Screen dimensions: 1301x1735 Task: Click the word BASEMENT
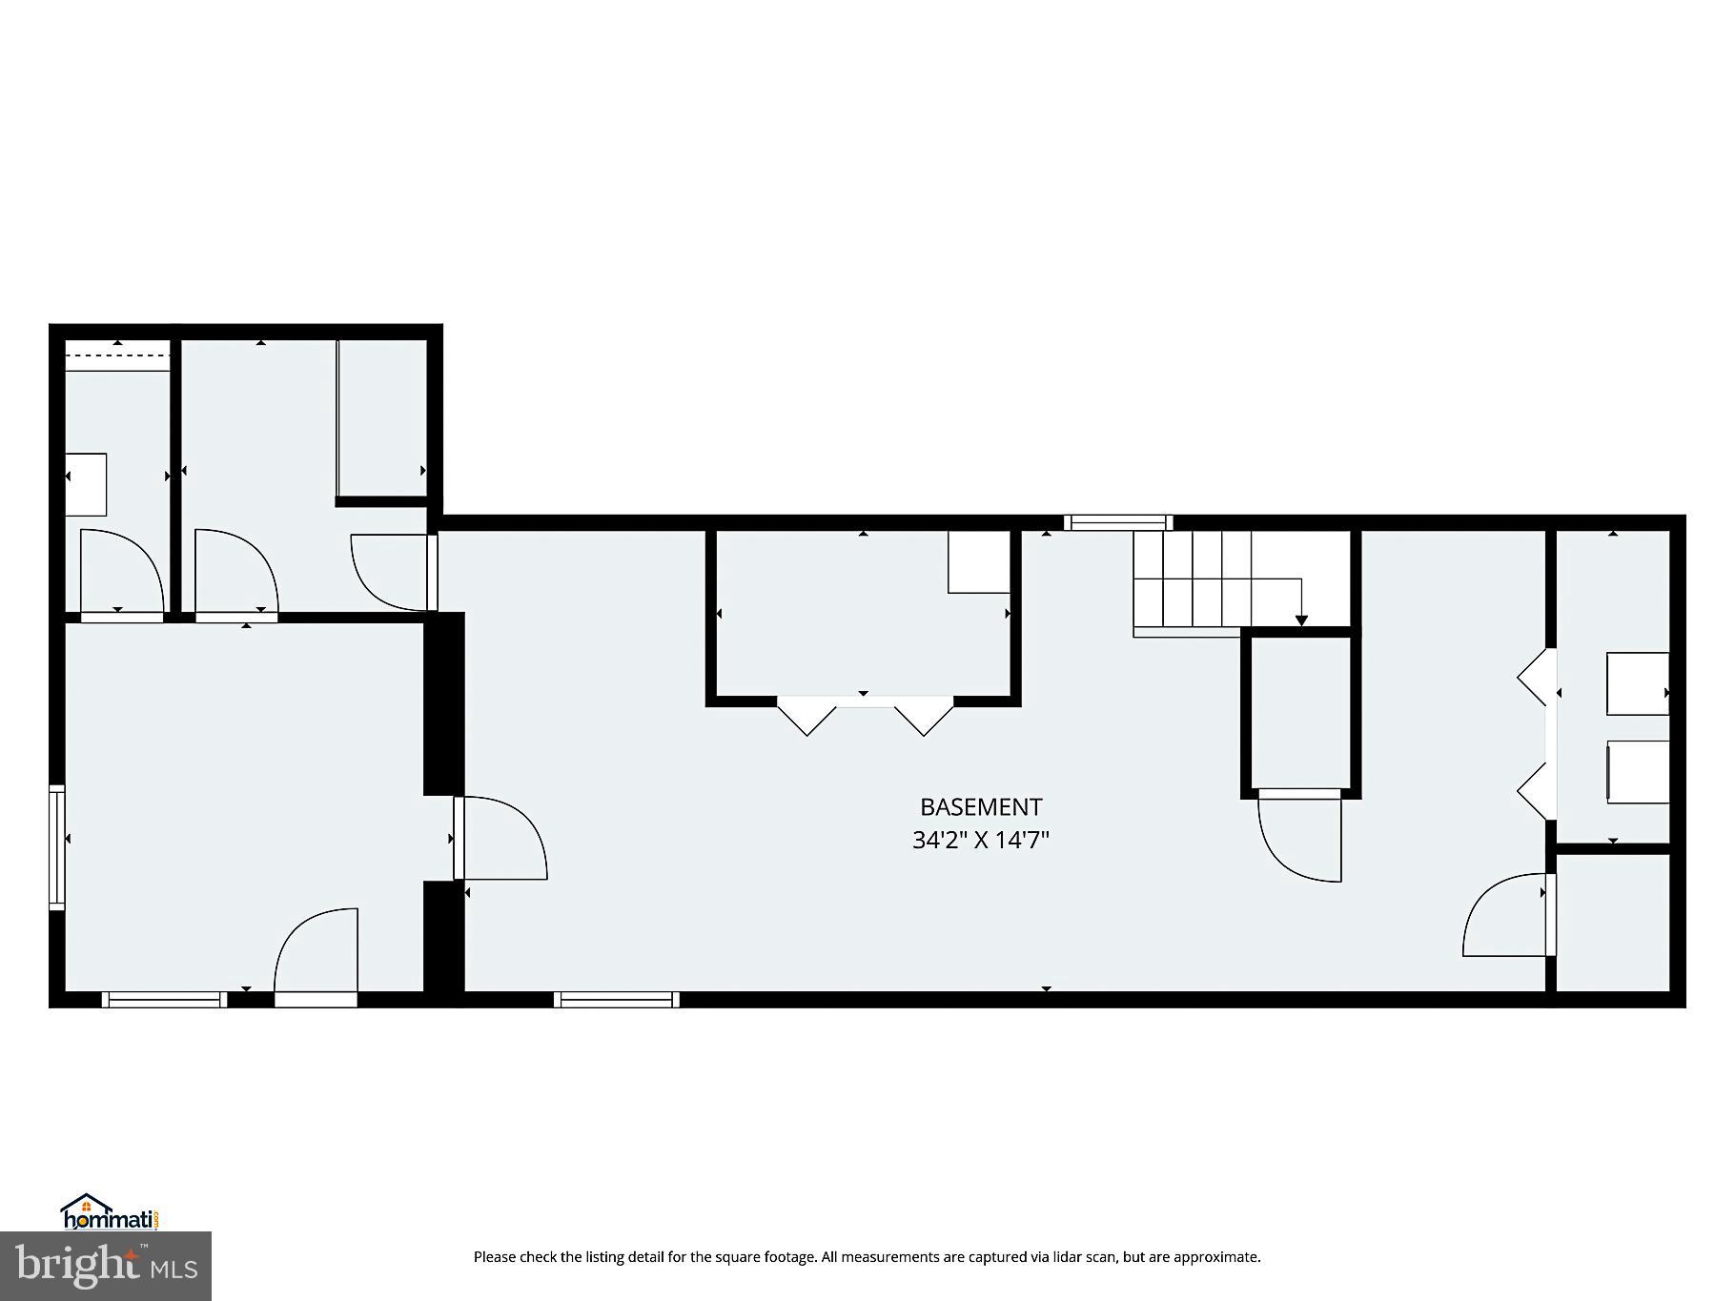[980, 807]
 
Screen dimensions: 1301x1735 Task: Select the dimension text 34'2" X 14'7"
[980, 841]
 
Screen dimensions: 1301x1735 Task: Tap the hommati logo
[109, 1213]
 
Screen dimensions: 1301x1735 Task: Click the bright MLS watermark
[106, 1266]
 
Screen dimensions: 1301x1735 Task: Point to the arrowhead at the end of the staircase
[1301, 621]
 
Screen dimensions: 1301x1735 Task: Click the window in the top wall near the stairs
[1117, 522]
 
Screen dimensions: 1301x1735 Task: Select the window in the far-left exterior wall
[56, 846]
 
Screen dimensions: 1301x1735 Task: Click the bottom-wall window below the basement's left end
[616, 1000]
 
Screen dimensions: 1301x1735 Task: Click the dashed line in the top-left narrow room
[117, 356]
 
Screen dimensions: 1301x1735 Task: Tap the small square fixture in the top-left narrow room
[86, 485]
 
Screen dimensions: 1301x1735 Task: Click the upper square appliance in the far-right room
[1638, 683]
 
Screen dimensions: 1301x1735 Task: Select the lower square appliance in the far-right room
[1638, 772]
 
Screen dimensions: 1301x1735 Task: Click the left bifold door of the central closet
[806, 716]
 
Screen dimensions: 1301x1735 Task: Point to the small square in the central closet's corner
[978, 562]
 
